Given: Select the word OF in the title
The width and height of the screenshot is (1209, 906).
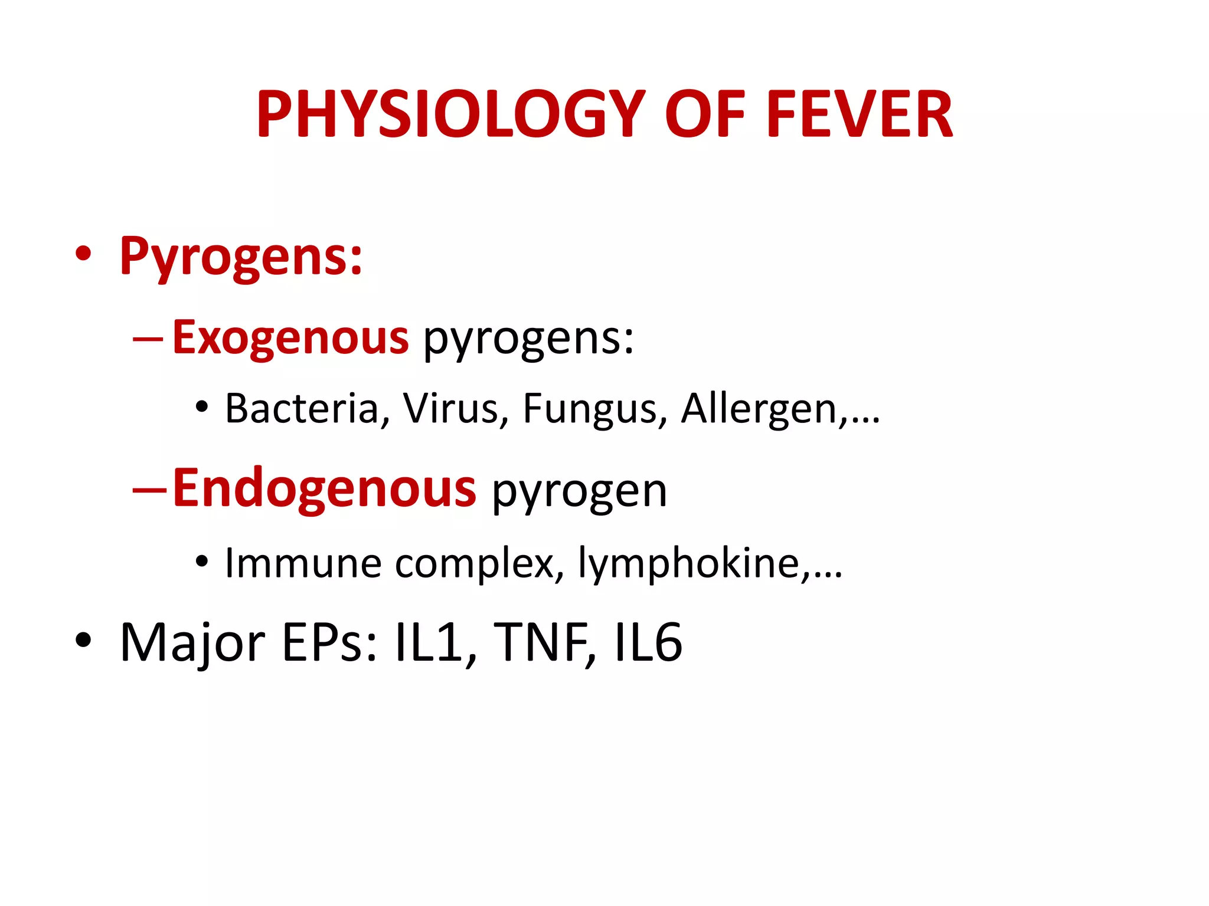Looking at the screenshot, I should pyautogui.click(x=705, y=115).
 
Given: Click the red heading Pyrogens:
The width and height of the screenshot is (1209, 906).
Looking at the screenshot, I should pyautogui.click(x=241, y=257).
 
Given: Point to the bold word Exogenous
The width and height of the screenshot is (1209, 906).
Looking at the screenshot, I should pyautogui.click(x=290, y=338).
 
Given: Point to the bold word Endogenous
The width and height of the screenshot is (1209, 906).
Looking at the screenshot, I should pyautogui.click(x=324, y=489).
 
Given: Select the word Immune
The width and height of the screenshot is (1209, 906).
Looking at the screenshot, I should pyautogui.click(x=303, y=563).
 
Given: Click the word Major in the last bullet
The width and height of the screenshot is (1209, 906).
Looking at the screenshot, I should pyautogui.click(x=192, y=644).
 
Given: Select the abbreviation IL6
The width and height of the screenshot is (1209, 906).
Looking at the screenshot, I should pyautogui.click(x=648, y=642).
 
